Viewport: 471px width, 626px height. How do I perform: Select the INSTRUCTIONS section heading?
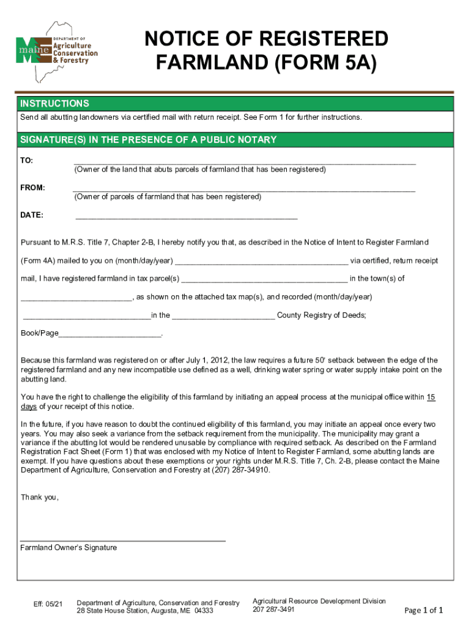[x=54, y=104]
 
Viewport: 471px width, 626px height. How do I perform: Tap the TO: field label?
[x=27, y=161]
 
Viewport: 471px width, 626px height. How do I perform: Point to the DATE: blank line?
[x=186, y=217]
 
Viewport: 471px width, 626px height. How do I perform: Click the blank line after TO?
[x=244, y=163]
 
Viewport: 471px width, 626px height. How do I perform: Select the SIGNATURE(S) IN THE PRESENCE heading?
[x=149, y=140]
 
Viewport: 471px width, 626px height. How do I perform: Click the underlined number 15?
[x=431, y=397]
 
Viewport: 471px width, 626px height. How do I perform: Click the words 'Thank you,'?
[x=40, y=497]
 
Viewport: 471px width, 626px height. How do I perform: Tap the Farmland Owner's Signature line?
[x=122, y=540]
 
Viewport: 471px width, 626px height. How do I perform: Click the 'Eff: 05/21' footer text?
[x=48, y=605]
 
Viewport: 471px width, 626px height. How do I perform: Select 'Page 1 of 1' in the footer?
[x=423, y=610]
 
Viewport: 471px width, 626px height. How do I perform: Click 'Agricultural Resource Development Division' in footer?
[x=319, y=601]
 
